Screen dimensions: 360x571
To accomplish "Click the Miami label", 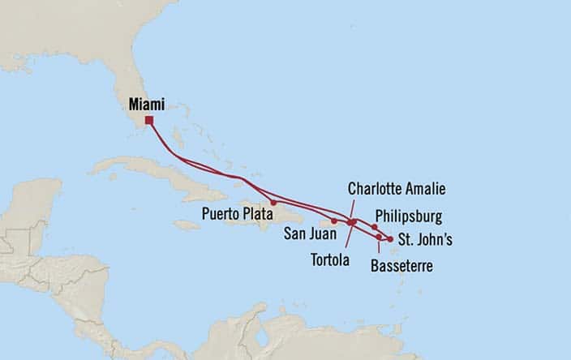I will pyautogui.click(x=147, y=105).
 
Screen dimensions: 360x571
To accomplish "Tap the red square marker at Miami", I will pyautogui.click(x=149, y=121).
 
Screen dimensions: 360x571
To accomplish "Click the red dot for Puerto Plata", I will pyautogui.click(x=273, y=202).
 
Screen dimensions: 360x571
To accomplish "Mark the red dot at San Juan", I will pyautogui.click(x=334, y=221).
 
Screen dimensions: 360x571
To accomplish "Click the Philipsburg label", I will pyautogui.click(x=410, y=216).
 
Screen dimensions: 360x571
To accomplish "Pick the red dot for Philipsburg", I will pyautogui.click(x=374, y=227).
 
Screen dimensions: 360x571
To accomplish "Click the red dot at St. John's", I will pyautogui.click(x=390, y=239).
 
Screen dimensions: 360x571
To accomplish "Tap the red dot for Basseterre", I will pyautogui.click(x=379, y=237).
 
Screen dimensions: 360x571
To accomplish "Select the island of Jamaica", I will pyautogui.click(x=186, y=225).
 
